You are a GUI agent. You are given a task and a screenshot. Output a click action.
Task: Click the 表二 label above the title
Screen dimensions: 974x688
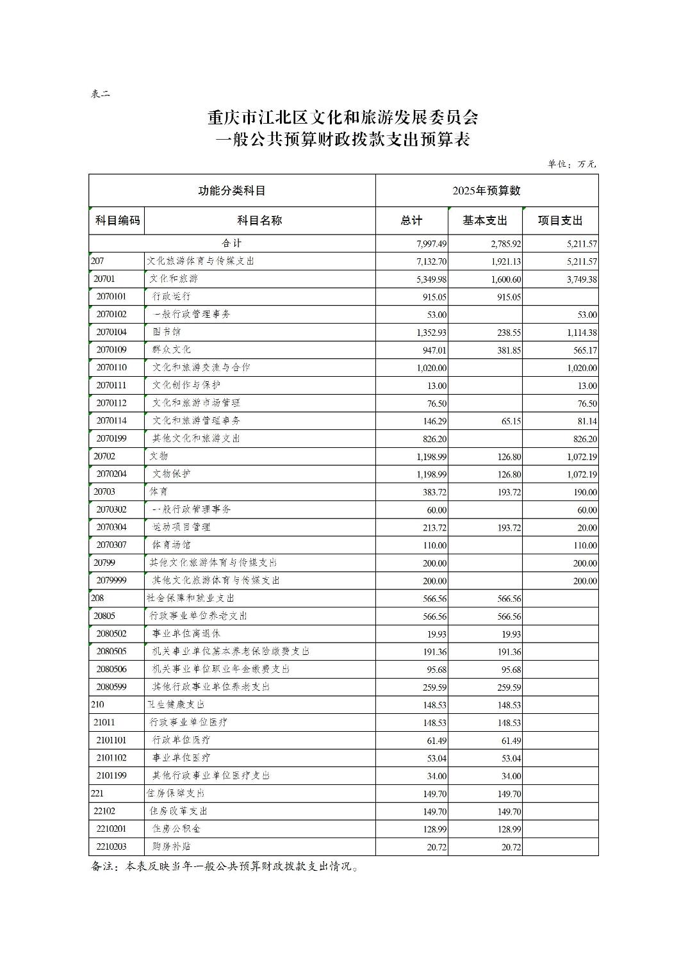(101, 94)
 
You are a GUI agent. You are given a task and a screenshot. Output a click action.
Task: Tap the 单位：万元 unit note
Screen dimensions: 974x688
(571, 164)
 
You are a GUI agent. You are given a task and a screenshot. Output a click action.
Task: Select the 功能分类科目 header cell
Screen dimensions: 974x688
(231, 190)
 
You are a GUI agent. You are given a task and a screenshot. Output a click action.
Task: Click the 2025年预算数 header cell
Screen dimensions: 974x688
(486, 190)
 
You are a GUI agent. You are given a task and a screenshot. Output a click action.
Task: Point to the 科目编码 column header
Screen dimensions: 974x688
(117, 220)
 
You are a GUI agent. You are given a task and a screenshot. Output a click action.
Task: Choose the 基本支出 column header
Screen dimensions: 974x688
(485, 220)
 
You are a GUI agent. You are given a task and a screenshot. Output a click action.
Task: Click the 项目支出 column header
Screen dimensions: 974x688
(560, 220)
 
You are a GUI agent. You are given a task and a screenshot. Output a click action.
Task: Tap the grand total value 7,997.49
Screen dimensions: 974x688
(431, 244)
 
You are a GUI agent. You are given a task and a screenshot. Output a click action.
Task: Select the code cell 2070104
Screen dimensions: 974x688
(111, 332)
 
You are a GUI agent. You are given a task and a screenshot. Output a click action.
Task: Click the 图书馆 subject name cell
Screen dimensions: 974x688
(167, 332)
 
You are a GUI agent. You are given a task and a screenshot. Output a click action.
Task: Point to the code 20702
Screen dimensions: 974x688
(104, 456)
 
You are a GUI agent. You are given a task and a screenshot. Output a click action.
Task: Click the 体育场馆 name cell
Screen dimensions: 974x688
(172, 545)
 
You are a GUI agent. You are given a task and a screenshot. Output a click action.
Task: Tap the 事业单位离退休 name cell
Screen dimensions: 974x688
(186, 633)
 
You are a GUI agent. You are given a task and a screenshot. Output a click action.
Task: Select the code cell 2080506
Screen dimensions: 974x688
(111, 669)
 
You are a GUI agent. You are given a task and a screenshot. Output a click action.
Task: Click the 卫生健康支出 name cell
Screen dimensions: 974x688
(176, 704)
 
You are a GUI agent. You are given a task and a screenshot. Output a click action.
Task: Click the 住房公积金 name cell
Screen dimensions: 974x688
(176, 829)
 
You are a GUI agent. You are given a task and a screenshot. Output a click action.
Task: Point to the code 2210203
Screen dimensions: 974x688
(111, 846)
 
